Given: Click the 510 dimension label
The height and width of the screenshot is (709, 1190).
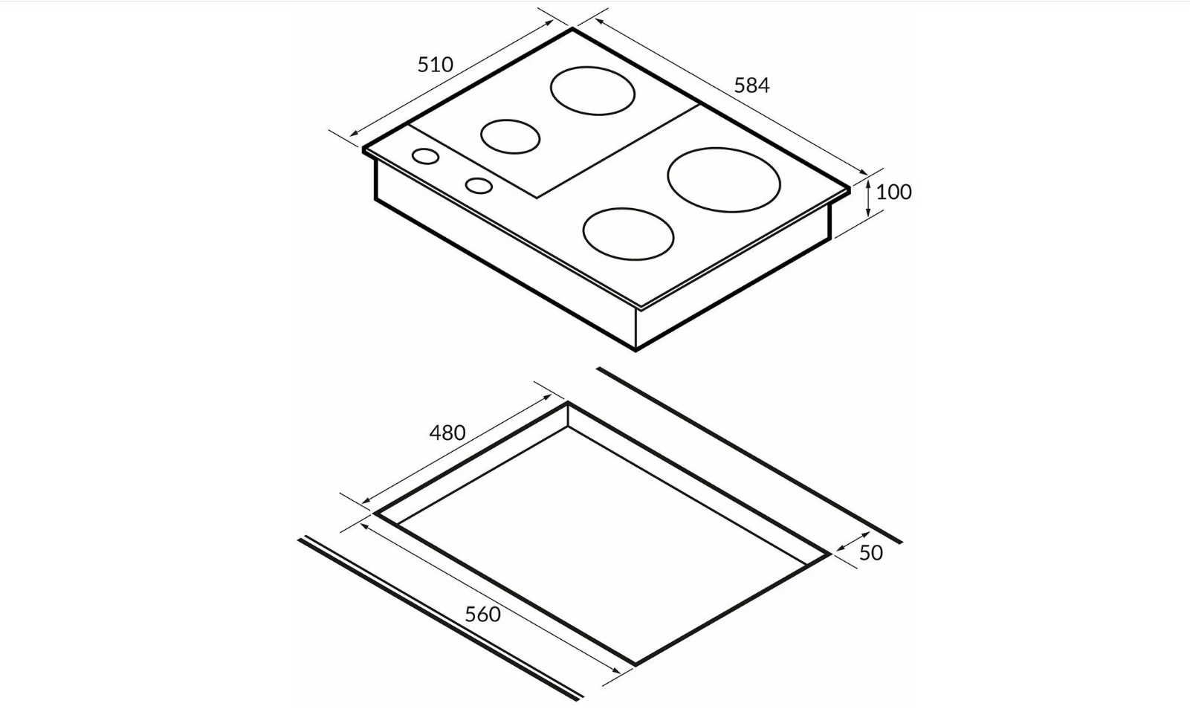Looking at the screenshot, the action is (435, 65).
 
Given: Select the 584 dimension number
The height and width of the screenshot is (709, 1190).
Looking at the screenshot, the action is (751, 85).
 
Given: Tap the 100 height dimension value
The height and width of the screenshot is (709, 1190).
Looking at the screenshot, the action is (893, 192).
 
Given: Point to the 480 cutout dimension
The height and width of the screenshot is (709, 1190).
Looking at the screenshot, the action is (447, 433).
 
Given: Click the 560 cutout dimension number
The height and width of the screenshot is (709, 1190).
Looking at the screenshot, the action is (482, 615).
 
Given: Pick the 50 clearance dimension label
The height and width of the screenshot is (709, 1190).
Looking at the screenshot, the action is (870, 553).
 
